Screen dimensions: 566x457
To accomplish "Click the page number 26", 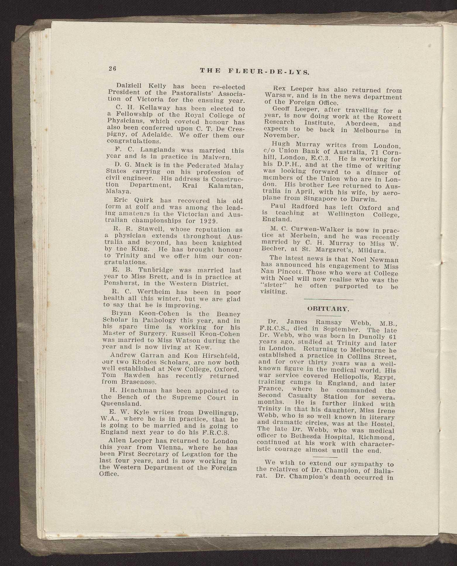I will tap(112, 68).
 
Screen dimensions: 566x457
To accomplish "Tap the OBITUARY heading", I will tap(328, 309).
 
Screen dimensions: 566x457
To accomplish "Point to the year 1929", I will tap(214, 221).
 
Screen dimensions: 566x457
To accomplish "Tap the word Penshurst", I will tap(120, 283).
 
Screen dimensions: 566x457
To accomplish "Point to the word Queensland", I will tap(119, 404).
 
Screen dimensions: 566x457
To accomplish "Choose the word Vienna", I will tap(170, 447).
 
